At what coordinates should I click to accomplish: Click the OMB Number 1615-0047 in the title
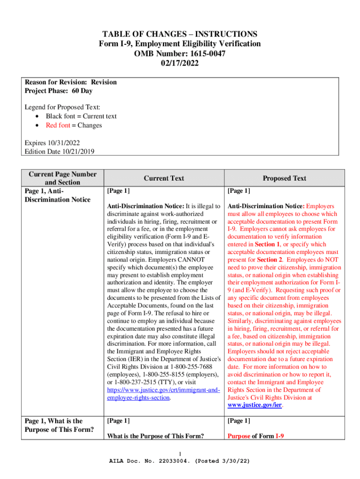[x=180, y=54]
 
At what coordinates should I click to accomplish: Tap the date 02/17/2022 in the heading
[x=180, y=64]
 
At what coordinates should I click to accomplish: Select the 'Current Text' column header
[x=164, y=178]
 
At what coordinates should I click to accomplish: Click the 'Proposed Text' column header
[x=284, y=178]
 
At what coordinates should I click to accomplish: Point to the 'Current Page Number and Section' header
[x=63, y=178]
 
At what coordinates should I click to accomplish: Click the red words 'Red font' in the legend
[x=58, y=125]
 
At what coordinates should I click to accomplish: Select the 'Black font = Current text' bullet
[x=81, y=116]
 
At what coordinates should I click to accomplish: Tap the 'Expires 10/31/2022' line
[x=52, y=143]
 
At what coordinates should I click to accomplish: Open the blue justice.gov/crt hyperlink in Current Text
[x=163, y=390]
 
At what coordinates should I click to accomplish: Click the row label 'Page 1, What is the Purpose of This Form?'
[x=53, y=425]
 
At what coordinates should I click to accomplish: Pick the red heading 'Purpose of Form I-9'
[x=256, y=436]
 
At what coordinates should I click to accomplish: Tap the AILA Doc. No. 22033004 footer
[x=180, y=461]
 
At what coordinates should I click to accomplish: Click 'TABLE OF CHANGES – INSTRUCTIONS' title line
[x=180, y=34]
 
